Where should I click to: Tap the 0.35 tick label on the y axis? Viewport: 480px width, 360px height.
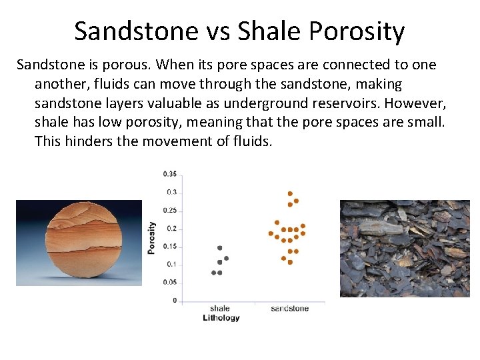(170, 175)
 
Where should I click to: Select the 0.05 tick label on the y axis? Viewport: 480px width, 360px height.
(170, 283)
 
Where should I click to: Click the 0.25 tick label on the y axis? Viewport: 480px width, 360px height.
(170, 211)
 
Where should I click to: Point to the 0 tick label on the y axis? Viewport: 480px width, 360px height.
(175, 301)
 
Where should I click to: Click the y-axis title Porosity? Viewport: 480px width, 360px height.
(152, 237)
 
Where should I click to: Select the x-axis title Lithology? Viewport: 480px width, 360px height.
(221, 318)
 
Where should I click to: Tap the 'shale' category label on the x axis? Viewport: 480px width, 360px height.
(219, 309)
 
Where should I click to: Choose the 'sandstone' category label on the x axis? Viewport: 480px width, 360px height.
(290, 309)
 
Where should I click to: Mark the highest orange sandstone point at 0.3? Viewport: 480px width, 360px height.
(290, 194)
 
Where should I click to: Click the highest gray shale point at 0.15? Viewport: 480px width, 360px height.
(220, 248)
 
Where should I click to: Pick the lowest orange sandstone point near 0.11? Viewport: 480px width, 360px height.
(290, 262)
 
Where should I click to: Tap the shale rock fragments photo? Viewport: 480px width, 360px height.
(405, 248)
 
